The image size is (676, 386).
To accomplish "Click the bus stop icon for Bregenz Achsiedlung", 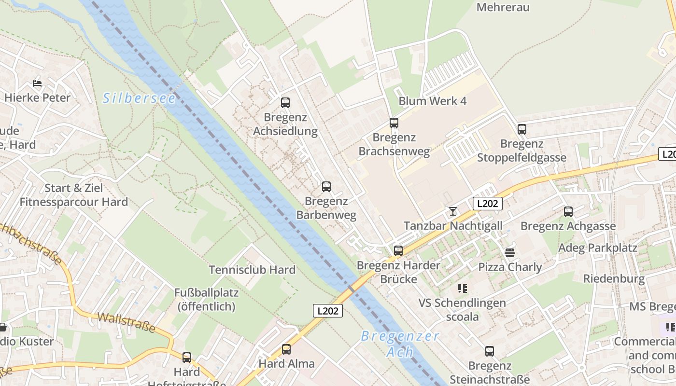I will (285, 102).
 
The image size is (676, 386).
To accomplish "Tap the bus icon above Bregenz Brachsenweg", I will (394, 123).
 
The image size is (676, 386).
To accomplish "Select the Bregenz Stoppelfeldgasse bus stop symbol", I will (521, 129).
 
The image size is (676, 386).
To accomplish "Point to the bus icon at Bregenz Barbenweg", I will (326, 187).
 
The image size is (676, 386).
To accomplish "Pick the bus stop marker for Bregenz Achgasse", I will (568, 211).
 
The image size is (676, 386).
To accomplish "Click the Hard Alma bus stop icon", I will (286, 349).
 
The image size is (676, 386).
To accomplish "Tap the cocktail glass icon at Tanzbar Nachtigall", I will (452, 211).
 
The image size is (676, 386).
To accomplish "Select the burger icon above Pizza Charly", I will (510, 252).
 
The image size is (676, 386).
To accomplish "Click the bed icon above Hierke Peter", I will (37, 83).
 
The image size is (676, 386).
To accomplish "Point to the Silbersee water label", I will (139, 98).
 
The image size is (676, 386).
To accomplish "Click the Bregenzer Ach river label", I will (400, 344).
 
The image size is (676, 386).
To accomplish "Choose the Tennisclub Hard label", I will (252, 270).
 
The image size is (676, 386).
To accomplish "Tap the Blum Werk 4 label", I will (433, 101).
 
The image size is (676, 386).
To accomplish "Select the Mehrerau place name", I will (503, 7).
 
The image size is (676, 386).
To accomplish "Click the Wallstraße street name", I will (127, 322).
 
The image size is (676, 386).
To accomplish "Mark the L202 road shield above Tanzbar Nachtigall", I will (487, 204).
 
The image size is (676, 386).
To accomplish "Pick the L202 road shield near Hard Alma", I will (328, 311).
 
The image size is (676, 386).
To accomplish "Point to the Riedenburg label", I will (614, 278).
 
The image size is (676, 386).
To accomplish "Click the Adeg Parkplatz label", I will (598, 248).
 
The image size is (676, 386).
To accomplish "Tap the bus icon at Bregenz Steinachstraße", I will (490, 351).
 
